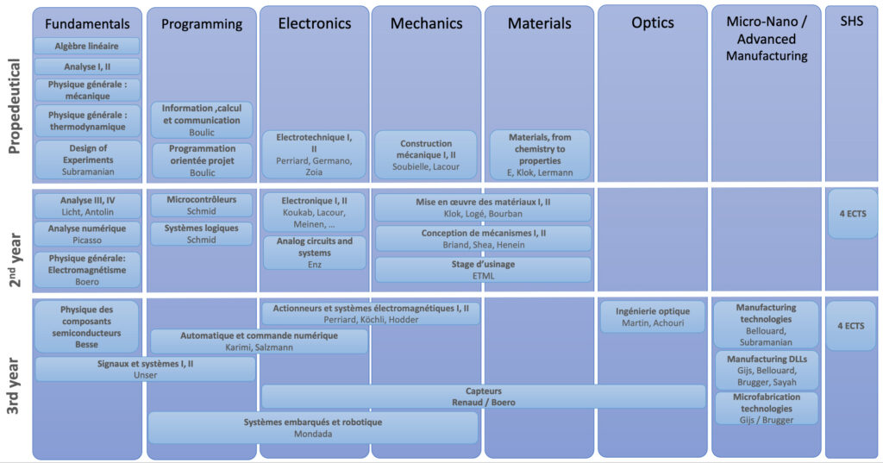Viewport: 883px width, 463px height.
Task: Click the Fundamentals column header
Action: [x=87, y=23]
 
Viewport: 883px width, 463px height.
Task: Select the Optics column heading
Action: [x=652, y=22]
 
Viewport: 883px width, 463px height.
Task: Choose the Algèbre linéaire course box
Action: [x=87, y=46]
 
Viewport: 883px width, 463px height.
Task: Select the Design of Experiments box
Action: [x=87, y=160]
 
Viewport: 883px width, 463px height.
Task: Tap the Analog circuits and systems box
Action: [x=314, y=252]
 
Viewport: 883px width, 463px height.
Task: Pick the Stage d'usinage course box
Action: [x=483, y=270]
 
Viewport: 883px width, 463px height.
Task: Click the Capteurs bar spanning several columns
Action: [x=483, y=396]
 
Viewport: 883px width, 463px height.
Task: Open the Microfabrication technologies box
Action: [x=767, y=408]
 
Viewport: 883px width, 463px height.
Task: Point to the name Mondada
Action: [x=313, y=435]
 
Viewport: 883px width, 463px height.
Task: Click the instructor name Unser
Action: [x=145, y=375]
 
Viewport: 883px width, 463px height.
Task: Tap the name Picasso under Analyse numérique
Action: [x=87, y=240]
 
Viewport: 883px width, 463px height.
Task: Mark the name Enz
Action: [x=314, y=264]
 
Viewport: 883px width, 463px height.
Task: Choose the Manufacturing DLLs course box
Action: [x=767, y=370]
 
